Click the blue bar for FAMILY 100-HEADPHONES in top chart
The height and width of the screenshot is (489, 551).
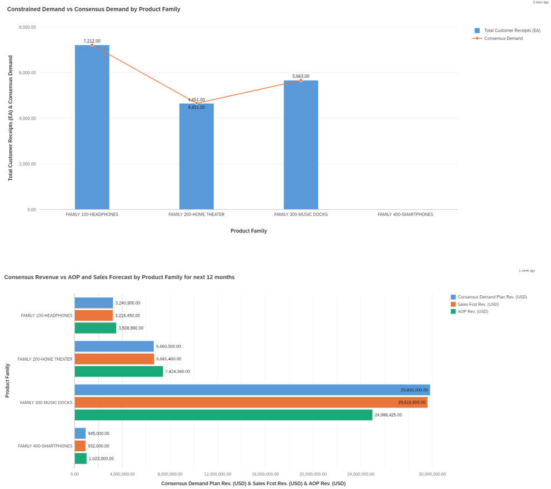pos(92,128)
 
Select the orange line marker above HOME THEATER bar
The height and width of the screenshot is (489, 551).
pos(197,103)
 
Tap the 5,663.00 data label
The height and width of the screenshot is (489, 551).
pos(300,76)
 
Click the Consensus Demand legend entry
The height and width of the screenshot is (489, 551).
pos(503,38)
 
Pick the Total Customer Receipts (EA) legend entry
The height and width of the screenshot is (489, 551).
pos(511,31)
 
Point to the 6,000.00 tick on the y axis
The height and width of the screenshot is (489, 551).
pos(27,73)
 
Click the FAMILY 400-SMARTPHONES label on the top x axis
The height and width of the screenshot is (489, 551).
pos(405,214)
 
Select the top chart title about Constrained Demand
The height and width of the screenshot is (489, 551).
pos(94,9)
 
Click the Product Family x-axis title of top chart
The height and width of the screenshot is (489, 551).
pos(248,231)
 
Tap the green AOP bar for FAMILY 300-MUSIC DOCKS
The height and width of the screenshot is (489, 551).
pos(223,415)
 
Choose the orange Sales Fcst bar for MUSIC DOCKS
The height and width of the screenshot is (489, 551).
pos(251,402)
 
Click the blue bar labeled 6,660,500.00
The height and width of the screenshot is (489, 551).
pos(114,346)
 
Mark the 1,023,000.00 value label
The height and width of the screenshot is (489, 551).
pos(101,458)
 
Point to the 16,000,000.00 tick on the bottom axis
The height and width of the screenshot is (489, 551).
pos(266,474)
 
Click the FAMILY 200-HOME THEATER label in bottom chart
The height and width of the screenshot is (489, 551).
pos(45,359)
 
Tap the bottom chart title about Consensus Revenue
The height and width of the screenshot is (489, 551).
pos(119,277)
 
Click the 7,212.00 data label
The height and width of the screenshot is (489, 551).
pos(92,41)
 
